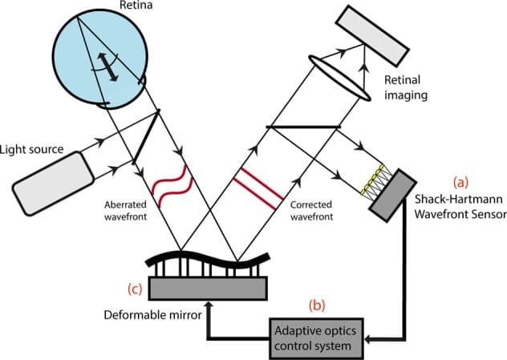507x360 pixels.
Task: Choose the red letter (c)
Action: pyautogui.click(x=132, y=288)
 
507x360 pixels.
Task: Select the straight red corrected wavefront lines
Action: pyautogui.click(x=257, y=186)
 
